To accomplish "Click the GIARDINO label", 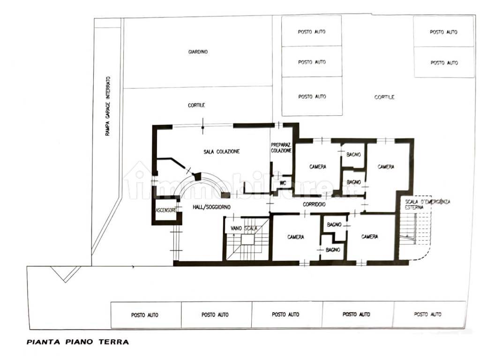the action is (198, 52).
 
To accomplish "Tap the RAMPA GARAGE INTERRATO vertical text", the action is (108, 106).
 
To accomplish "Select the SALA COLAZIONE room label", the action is (222, 151).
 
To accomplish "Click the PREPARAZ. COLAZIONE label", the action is (281, 148).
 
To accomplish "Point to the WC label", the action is (283, 183).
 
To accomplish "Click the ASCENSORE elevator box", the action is (166, 210).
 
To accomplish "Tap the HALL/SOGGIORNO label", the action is (211, 207).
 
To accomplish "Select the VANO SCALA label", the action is (244, 228).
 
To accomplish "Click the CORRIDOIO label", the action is (314, 204).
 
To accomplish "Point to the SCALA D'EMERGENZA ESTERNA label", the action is (427, 204).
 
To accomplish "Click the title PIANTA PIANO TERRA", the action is (78, 342).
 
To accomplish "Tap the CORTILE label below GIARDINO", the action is (196, 105).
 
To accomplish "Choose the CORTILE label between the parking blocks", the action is (384, 97).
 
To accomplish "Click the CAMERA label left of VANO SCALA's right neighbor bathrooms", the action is (296, 237).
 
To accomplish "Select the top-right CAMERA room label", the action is (386, 167).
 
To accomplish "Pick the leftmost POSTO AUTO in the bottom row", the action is (145, 315).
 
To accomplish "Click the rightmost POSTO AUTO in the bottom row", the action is (427, 315).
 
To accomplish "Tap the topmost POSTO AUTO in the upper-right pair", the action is (443, 32).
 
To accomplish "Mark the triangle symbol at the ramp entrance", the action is (65, 274).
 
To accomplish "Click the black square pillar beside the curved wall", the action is (225, 195).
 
